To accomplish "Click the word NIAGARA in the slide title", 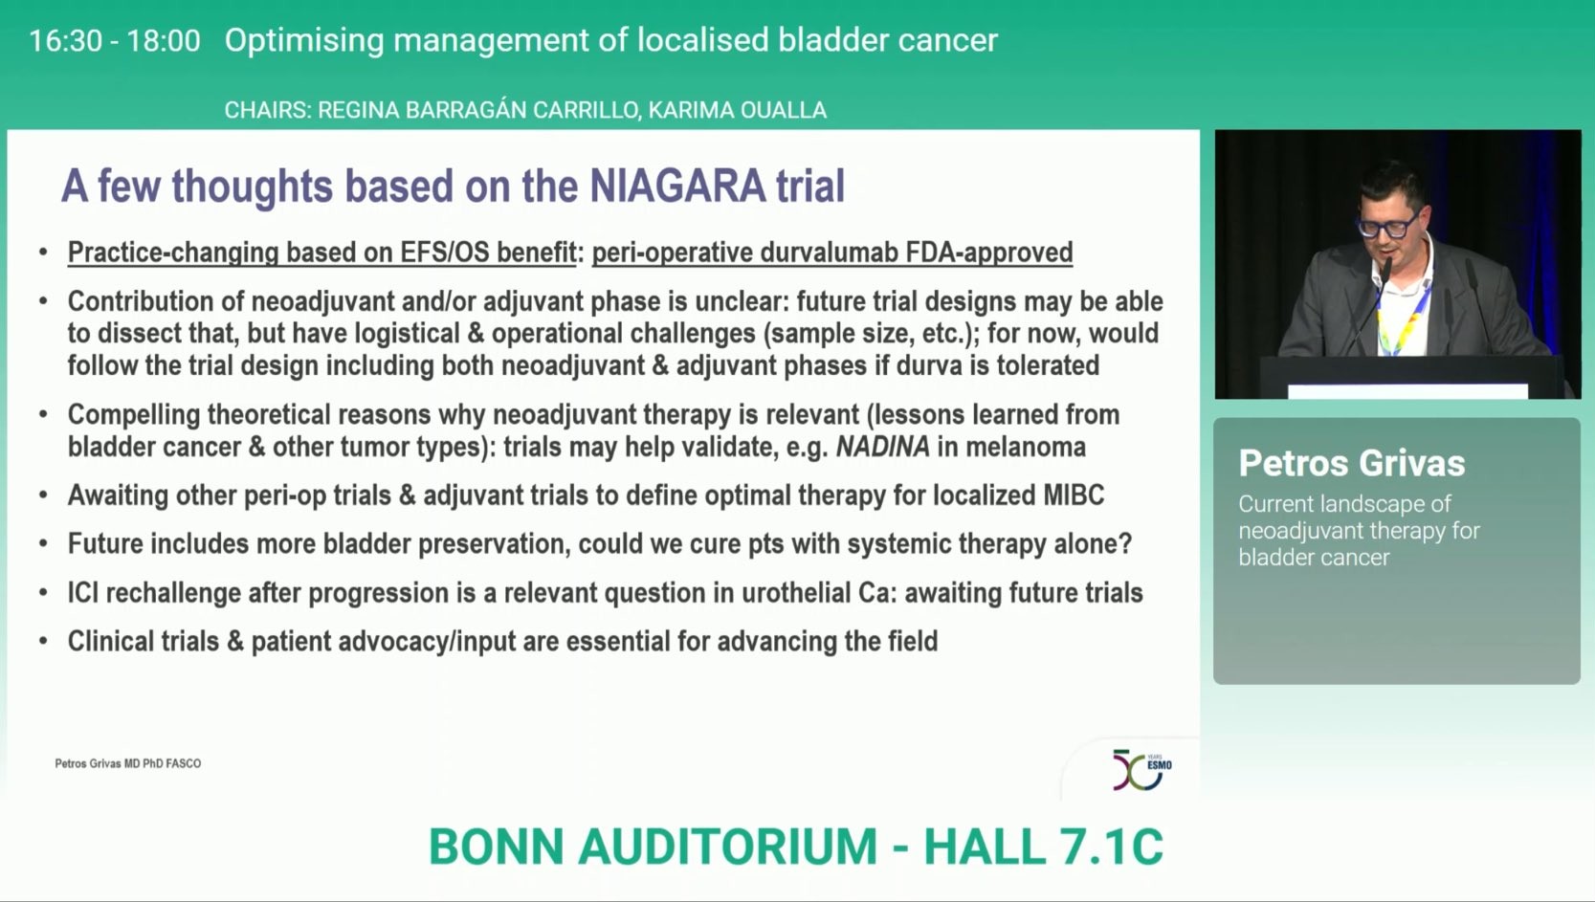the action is [x=677, y=187].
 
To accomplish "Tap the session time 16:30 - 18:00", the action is [x=115, y=40].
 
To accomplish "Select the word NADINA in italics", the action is [x=882, y=447].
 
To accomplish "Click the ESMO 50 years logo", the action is [x=1141, y=770].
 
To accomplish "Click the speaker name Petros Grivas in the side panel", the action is [x=1351, y=464].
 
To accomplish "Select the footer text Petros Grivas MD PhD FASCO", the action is [x=128, y=763].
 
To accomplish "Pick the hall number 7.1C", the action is [x=1111, y=847].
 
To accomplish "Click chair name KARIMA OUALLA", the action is [x=737, y=110].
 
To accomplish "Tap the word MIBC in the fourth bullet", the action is [x=1074, y=495].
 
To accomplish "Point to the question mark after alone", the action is [x=1125, y=544].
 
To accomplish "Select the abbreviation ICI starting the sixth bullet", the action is [x=83, y=593].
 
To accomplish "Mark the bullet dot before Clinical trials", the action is [x=43, y=642].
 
